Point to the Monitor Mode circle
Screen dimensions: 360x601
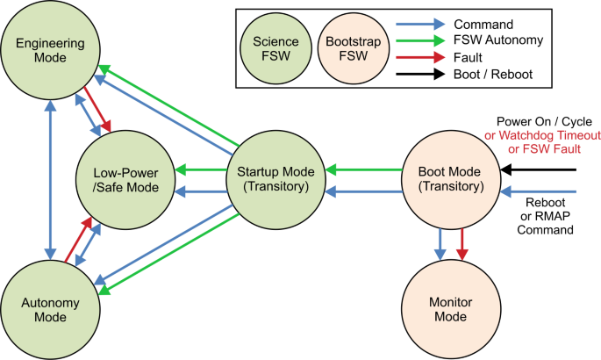pyautogui.click(x=447, y=309)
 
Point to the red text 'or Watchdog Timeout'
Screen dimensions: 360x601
pyautogui.click(x=541, y=135)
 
